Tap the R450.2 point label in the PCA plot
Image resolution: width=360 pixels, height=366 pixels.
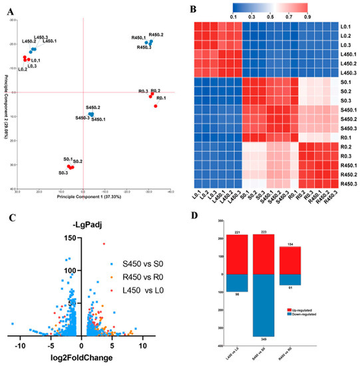tap(156, 35)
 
